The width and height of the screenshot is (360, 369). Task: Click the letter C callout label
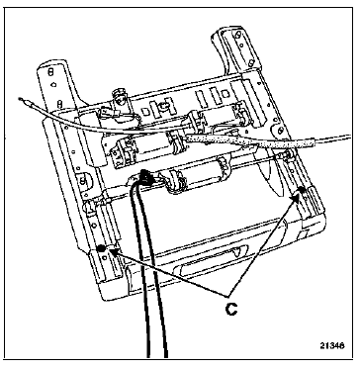coord(231,309)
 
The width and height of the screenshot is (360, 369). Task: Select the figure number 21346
coord(332,345)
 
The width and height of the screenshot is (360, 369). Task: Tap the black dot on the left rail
coord(101,248)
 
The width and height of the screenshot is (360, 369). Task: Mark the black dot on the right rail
coord(301,190)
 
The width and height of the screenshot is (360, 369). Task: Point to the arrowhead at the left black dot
coord(113,253)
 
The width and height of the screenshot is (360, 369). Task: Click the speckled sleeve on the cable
coord(249,141)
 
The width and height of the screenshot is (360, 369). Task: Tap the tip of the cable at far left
coord(21,98)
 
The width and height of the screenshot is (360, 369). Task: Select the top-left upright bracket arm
coord(56,86)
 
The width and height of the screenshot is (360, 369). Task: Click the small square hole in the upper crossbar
coord(225,94)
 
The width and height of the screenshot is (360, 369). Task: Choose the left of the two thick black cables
coord(139,264)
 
